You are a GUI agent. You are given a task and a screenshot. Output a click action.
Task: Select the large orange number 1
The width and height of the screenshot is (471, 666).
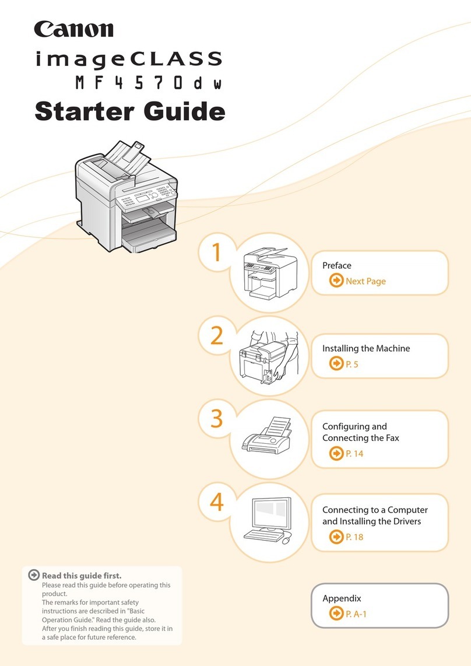[216, 253]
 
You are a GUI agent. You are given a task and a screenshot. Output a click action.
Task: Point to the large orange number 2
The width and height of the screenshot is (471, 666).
[216, 336]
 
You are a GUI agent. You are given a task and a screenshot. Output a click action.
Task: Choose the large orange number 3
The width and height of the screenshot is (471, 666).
[216, 419]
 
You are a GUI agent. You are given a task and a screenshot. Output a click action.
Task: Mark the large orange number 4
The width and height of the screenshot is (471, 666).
[216, 503]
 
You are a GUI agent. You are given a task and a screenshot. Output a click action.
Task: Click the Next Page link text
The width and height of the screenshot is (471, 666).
[365, 281]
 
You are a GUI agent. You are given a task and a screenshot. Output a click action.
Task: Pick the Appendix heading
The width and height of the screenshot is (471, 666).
[342, 598]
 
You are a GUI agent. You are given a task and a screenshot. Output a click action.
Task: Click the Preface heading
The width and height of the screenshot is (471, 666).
[337, 265]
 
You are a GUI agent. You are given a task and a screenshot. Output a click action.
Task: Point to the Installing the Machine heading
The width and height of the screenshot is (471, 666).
[366, 348]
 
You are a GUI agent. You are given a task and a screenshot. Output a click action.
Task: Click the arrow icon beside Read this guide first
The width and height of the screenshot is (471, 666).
[34, 576]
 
